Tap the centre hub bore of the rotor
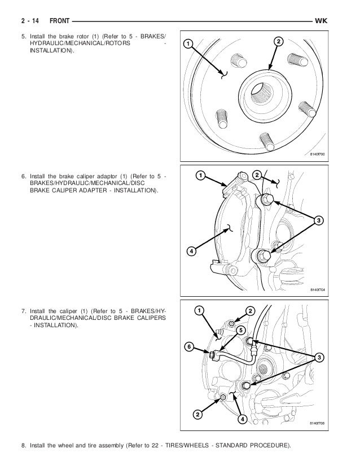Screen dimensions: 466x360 260,90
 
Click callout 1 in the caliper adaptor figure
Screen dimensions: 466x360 199,175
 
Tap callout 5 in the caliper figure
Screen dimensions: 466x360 241,329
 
